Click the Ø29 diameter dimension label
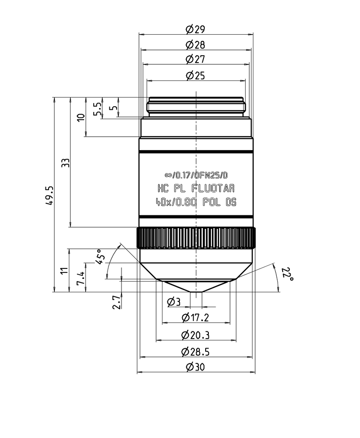point(195,29)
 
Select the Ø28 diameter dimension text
point(195,45)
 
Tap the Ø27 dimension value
point(195,59)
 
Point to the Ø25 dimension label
point(195,76)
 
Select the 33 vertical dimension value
point(65,163)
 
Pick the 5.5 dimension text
point(97,109)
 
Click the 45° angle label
point(100,257)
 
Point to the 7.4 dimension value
point(81,278)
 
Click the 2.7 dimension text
point(117,302)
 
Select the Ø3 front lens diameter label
point(174,302)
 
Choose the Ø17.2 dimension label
point(195,317)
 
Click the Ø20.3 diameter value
point(195,335)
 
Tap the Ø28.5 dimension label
point(195,352)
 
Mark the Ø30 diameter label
point(195,366)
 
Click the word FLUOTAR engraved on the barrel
point(213,188)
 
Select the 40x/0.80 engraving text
point(176,201)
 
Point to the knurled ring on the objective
point(196,238)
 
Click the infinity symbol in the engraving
point(168,175)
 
